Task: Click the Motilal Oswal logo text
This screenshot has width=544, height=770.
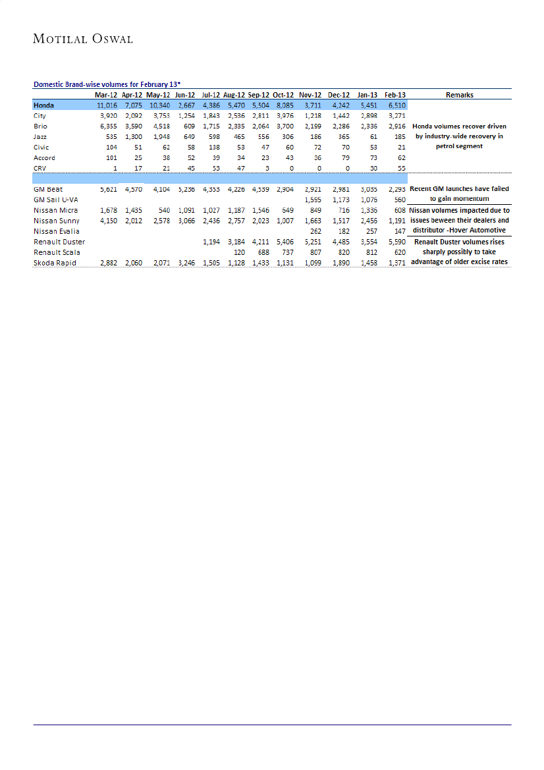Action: (83, 39)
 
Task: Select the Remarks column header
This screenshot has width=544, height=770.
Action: (459, 95)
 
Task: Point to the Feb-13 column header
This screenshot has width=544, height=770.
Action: (394, 95)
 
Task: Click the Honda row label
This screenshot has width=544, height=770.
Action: (44, 105)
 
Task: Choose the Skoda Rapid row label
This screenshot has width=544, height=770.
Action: (54, 263)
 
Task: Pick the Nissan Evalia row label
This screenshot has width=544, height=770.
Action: (56, 231)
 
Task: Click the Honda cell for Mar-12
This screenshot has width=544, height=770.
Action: (107, 105)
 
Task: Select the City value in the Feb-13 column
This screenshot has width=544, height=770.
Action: (394, 115)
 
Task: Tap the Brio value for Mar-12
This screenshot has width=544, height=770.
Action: (109, 126)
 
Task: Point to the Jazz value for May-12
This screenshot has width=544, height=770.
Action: (161, 136)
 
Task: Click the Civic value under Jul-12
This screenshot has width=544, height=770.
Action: (213, 147)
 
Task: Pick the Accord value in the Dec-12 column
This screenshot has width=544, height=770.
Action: (342, 157)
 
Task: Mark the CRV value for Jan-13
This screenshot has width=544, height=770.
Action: (371, 168)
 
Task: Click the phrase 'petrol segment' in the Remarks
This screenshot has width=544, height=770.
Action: (459, 146)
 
